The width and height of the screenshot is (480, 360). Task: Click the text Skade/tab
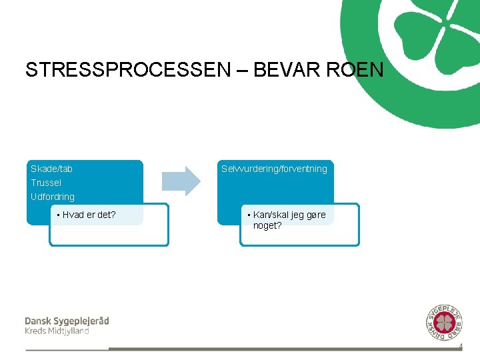tap(52, 169)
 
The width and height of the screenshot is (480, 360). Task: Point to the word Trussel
tap(46, 183)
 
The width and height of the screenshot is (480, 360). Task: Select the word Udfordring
tap(53, 197)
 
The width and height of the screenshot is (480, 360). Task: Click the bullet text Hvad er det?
tap(89, 215)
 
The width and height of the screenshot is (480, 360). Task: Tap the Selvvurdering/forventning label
tap(275, 169)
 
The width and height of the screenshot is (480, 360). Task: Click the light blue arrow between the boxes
tap(182, 180)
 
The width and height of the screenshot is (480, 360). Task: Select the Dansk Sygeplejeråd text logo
tap(67, 321)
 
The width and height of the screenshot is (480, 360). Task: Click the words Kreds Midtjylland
tap(57, 331)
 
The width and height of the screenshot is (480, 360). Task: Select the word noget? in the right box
tap(267, 226)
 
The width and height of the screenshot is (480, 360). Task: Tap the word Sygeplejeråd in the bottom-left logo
tap(81, 321)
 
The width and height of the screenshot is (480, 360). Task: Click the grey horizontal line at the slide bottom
tap(280, 349)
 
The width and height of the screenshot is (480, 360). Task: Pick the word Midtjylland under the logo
tap(67, 331)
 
